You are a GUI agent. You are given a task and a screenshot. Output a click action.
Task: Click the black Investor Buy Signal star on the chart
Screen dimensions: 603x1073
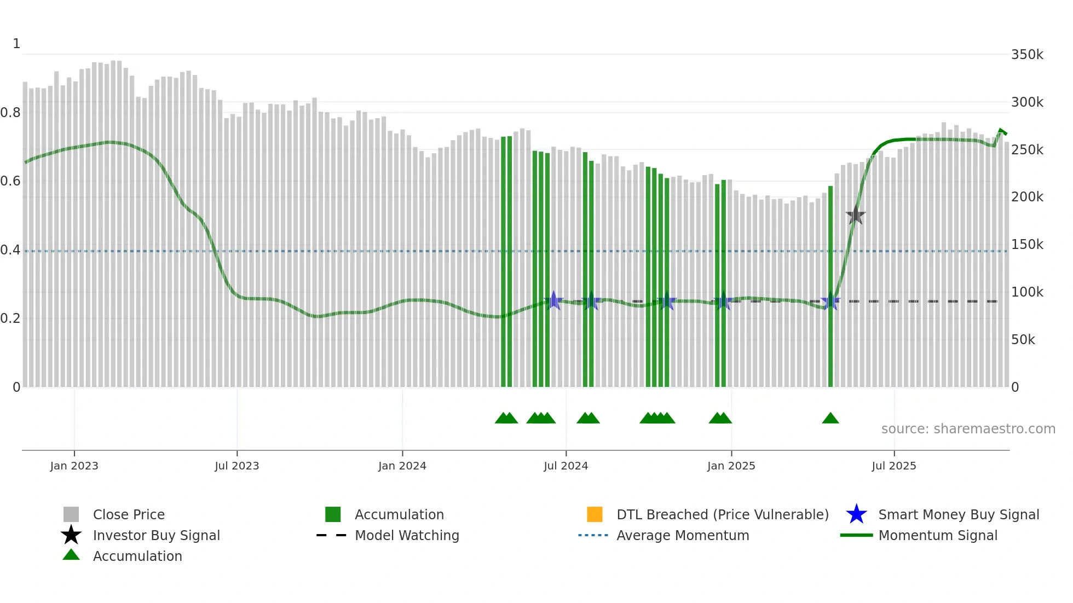click(x=856, y=215)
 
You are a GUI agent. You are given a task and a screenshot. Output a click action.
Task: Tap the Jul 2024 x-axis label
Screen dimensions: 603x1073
click(x=566, y=466)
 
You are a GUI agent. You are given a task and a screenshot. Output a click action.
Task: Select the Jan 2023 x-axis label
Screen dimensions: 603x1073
click(x=74, y=466)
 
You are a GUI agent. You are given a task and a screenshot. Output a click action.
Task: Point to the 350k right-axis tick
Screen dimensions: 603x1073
click(x=1027, y=55)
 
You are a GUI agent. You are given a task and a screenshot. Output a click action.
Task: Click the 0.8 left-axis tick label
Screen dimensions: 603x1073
click(x=10, y=113)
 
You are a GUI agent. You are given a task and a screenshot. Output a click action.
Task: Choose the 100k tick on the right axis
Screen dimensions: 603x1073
click(x=1027, y=292)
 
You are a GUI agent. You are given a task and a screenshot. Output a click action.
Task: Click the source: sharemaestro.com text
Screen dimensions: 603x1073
click(x=968, y=428)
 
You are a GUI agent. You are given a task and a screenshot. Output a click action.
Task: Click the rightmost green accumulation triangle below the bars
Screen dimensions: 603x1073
click(x=830, y=419)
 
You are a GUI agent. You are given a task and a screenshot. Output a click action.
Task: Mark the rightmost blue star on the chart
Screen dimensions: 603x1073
click(x=830, y=301)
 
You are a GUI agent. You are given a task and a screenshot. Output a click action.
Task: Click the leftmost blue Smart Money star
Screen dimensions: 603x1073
click(x=553, y=300)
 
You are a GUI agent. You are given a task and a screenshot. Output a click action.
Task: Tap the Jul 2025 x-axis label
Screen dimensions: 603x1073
click(x=893, y=466)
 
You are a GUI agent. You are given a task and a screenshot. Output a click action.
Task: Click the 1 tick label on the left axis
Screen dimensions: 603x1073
click(x=16, y=44)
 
